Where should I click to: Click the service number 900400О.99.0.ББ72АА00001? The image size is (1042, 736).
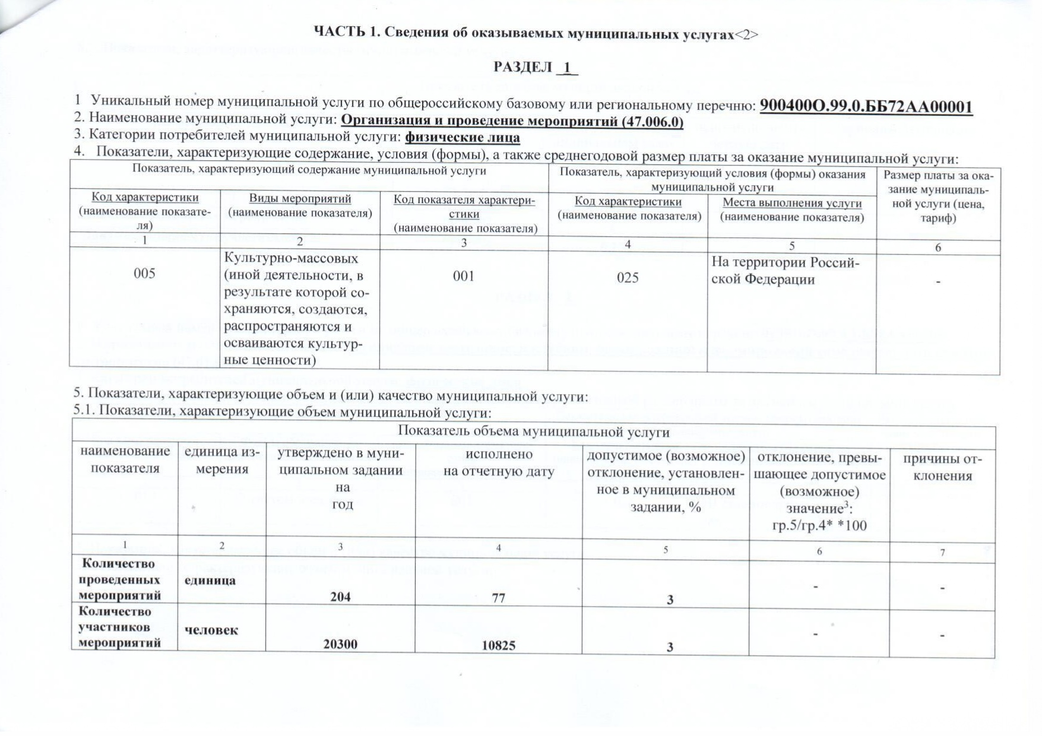pos(866,106)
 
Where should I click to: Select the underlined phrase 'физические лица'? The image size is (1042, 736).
pos(462,138)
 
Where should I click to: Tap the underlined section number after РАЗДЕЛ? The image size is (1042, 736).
pos(568,68)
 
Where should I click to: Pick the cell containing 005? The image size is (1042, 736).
pos(144,274)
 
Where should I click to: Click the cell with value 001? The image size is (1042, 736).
pos(463,276)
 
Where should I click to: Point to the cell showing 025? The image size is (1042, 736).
pos(627,278)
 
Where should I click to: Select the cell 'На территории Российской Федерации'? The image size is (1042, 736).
pos(785,271)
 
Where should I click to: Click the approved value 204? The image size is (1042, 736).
pos(340,597)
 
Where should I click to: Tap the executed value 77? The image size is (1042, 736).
pos(498,598)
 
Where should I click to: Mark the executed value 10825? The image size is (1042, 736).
pos(498,645)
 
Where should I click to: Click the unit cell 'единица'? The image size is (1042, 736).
pos(210,580)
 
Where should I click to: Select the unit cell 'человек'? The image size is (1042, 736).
pos(211,630)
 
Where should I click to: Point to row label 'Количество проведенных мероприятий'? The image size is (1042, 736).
pos(119,579)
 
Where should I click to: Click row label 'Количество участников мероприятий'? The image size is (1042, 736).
pos(119,627)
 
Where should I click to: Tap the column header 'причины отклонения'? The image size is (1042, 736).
pos(942,467)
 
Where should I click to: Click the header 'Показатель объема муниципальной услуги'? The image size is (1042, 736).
pos(533,432)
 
